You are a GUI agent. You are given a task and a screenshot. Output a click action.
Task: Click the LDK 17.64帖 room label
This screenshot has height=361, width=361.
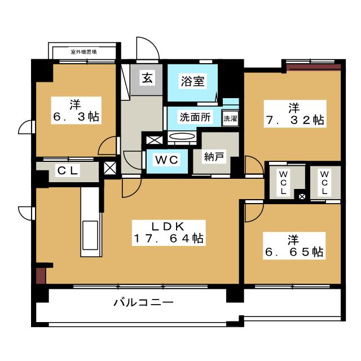pos(169,232)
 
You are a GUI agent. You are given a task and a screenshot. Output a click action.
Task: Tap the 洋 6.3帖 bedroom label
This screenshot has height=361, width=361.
pos(76,111)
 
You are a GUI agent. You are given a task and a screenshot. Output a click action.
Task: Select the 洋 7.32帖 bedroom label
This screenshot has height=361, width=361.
pos(295,114)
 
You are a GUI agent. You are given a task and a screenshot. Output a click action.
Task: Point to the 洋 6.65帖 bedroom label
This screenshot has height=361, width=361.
pos(294,246)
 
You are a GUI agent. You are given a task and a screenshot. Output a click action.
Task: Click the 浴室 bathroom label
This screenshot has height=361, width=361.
pos(192,81)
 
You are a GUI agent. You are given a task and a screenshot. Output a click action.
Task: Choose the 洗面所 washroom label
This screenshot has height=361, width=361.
pos(195,117)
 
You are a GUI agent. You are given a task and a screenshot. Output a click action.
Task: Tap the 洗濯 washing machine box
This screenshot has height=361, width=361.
pos(230,118)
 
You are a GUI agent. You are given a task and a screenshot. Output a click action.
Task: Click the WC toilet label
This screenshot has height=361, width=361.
pos(167,160)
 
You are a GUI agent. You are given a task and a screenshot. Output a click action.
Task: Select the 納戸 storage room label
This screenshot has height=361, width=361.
pos(214,157)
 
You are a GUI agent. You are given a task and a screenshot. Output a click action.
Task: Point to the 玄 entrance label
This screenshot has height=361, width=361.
pos(147,78)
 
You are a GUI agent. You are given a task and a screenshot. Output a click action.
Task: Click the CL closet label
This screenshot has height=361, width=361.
pos(67,170)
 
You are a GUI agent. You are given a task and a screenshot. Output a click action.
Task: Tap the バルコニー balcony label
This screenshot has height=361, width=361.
pos(144,302)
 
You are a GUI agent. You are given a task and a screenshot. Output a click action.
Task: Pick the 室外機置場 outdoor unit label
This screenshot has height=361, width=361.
pos(83,52)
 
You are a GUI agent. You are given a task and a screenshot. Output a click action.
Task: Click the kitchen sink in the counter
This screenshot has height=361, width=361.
pos(90,235)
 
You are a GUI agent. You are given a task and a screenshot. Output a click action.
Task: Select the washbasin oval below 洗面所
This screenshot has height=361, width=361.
pos(182,137)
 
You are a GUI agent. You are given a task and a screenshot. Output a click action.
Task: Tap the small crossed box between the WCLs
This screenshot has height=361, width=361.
pos(302,197)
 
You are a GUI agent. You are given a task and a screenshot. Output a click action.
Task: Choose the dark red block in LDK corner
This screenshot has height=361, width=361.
pos(41,275)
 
